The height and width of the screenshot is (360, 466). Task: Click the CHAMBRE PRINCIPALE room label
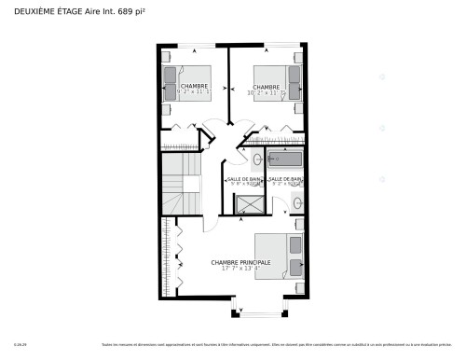(x=240, y=263)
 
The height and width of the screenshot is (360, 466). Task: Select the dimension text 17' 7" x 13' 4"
(x=240, y=270)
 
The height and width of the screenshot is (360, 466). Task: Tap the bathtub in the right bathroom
(x=286, y=159)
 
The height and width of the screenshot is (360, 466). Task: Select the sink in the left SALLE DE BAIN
(x=230, y=159)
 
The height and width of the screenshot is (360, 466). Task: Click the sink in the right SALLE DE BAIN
(x=296, y=202)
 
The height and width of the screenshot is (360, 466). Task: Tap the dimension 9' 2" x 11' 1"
(x=194, y=93)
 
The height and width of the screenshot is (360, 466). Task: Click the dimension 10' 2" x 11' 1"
(x=266, y=93)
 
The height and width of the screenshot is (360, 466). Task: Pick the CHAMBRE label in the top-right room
(x=266, y=87)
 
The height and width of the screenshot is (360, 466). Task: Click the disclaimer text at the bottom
(x=269, y=346)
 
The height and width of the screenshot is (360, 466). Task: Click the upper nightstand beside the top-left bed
(x=167, y=57)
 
